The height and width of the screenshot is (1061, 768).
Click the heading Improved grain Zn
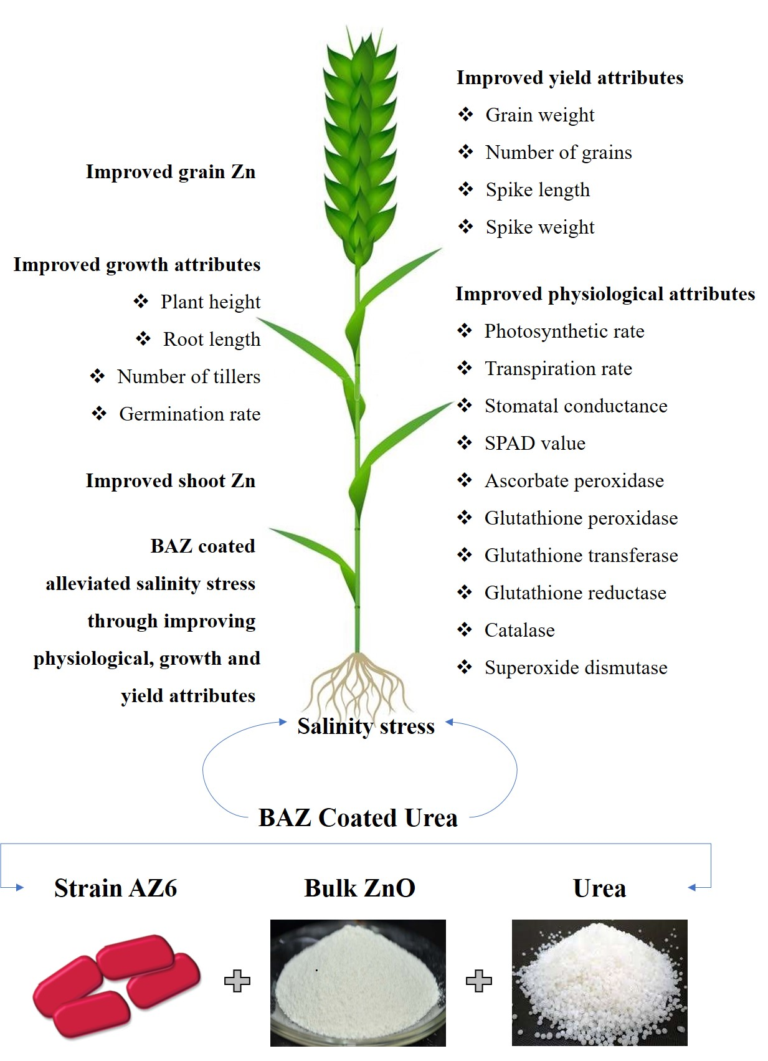(x=170, y=172)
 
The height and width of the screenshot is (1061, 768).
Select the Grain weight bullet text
(x=539, y=115)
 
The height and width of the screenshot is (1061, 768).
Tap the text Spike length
(x=537, y=190)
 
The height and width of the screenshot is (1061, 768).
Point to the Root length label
(x=211, y=340)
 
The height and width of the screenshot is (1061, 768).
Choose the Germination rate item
(x=189, y=414)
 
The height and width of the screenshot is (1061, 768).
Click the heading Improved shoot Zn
(x=170, y=481)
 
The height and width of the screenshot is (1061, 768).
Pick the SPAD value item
(x=534, y=444)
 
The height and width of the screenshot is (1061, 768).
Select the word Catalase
(x=519, y=630)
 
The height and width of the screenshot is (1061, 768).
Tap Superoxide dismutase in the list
(x=576, y=668)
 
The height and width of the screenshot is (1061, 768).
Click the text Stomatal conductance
(x=576, y=406)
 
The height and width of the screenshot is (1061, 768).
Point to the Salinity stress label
(x=366, y=726)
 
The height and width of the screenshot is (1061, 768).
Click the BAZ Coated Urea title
(x=358, y=818)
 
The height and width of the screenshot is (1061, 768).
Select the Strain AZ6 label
(x=115, y=888)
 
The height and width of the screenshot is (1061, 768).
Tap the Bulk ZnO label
(x=359, y=888)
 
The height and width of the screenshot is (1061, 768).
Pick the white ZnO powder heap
(x=357, y=984)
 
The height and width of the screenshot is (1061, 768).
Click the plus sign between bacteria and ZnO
(x=237, y=981)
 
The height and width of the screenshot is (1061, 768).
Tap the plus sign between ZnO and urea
(x=479, y=981)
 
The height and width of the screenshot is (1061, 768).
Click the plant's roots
(x=357, y=685)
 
